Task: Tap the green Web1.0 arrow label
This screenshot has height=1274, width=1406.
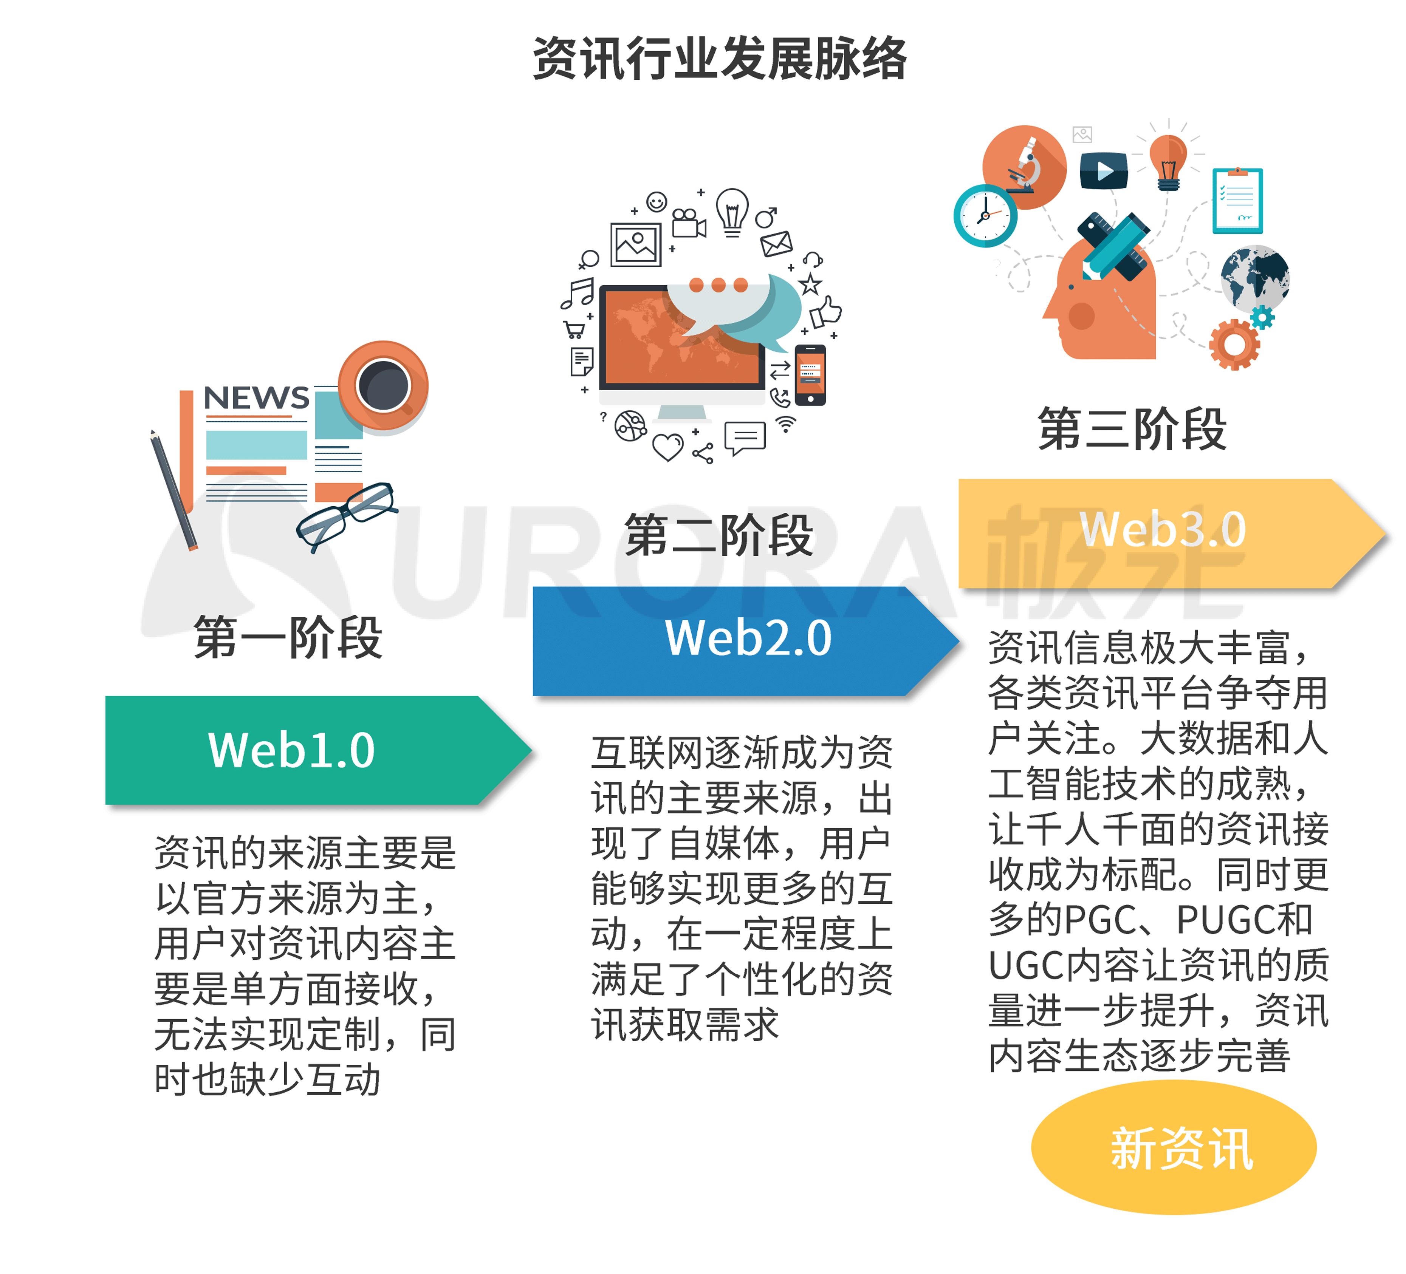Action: coord(319,750)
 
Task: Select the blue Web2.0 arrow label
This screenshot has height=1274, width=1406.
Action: coord(746,641)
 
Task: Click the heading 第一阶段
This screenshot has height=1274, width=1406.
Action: coord(288,637)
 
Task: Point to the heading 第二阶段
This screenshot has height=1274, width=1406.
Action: coord(719,535)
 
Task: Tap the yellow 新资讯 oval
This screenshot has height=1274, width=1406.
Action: coord(1174,1148)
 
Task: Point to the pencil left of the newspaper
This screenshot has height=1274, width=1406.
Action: coord(173,490)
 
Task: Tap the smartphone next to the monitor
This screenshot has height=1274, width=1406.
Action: coord(810,375)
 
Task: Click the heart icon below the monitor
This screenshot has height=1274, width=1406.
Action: coord(667,447)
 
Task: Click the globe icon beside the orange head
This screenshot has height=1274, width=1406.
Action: coord(1255,279)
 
